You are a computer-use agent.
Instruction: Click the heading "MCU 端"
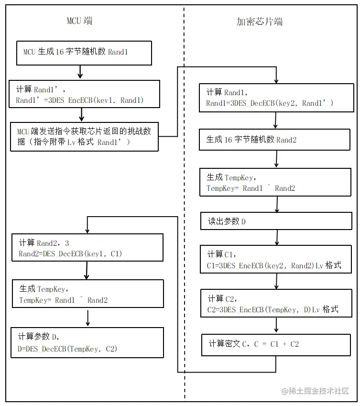(x=80, y=21)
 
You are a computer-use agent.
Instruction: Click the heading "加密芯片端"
(x=260, y=22)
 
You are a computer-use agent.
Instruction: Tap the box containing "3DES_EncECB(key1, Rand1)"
(x=85, y=94)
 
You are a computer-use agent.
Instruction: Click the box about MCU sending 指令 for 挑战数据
(x=84, y=136)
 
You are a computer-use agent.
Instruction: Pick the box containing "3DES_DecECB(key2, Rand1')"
(x=274, y=98)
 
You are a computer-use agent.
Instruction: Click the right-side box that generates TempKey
(x=274, y=182)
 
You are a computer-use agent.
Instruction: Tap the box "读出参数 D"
(x=274, y=221)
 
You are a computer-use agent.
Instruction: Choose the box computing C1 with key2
(x=274, y=260)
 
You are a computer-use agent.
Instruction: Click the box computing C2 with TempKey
(x=274, y=304)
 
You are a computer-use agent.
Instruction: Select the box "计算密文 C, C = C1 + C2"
(x=274, y=344)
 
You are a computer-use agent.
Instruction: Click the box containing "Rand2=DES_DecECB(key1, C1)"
(x=87, y=247)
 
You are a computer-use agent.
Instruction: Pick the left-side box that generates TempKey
(x=87, y=293)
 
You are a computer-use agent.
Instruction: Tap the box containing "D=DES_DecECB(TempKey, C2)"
(x=87, y=342)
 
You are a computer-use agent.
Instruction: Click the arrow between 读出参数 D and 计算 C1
(x=277, y=237)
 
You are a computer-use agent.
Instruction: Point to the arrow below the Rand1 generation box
(x=80, y=72)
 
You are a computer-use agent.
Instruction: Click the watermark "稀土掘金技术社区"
(x=315, y=391)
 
